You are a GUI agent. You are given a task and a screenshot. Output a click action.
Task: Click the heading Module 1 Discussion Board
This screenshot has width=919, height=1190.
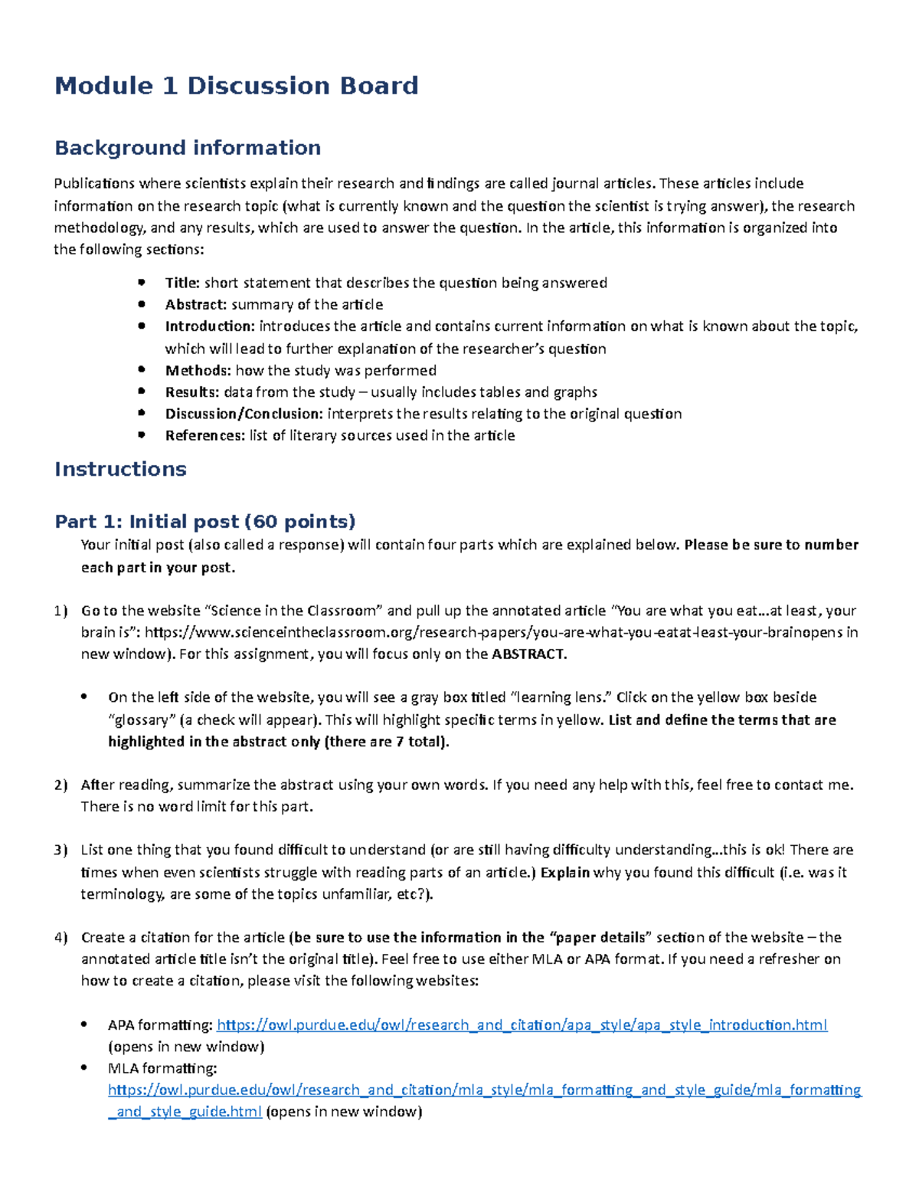click(236, 85)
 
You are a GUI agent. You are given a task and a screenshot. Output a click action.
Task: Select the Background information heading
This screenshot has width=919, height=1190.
click(188, 147)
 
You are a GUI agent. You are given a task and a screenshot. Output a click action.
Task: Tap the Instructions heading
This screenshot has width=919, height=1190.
click(120, 469)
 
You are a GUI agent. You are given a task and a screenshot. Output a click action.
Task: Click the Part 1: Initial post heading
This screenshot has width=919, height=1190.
click(204, 522)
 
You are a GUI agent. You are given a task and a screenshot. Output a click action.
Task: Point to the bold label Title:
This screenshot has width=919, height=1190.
click(182, 283)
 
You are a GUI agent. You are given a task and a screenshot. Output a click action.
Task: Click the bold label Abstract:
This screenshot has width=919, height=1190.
click(196, 304)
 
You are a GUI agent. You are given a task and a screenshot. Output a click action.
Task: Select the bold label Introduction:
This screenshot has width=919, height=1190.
click(210, 326)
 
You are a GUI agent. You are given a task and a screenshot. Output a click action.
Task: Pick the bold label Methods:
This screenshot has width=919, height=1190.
click(198, 370)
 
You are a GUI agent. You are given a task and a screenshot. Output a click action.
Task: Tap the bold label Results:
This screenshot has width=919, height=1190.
click(192, 392)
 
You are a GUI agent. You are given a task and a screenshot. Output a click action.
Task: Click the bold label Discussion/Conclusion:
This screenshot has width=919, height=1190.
click(244, 414)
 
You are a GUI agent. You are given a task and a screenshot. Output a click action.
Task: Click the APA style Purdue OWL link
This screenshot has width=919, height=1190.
click(522, 1025)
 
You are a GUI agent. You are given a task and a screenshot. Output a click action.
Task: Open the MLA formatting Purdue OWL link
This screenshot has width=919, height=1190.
click(484, 1090)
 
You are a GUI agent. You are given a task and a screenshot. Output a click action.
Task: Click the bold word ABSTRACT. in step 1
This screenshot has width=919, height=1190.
click(529, 654)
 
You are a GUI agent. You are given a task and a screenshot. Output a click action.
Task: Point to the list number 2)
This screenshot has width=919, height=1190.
click(61, 785)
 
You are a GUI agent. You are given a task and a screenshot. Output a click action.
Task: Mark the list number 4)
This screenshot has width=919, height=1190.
click(61, 937)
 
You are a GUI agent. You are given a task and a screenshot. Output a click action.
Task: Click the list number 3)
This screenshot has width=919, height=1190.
click(61, 850)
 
